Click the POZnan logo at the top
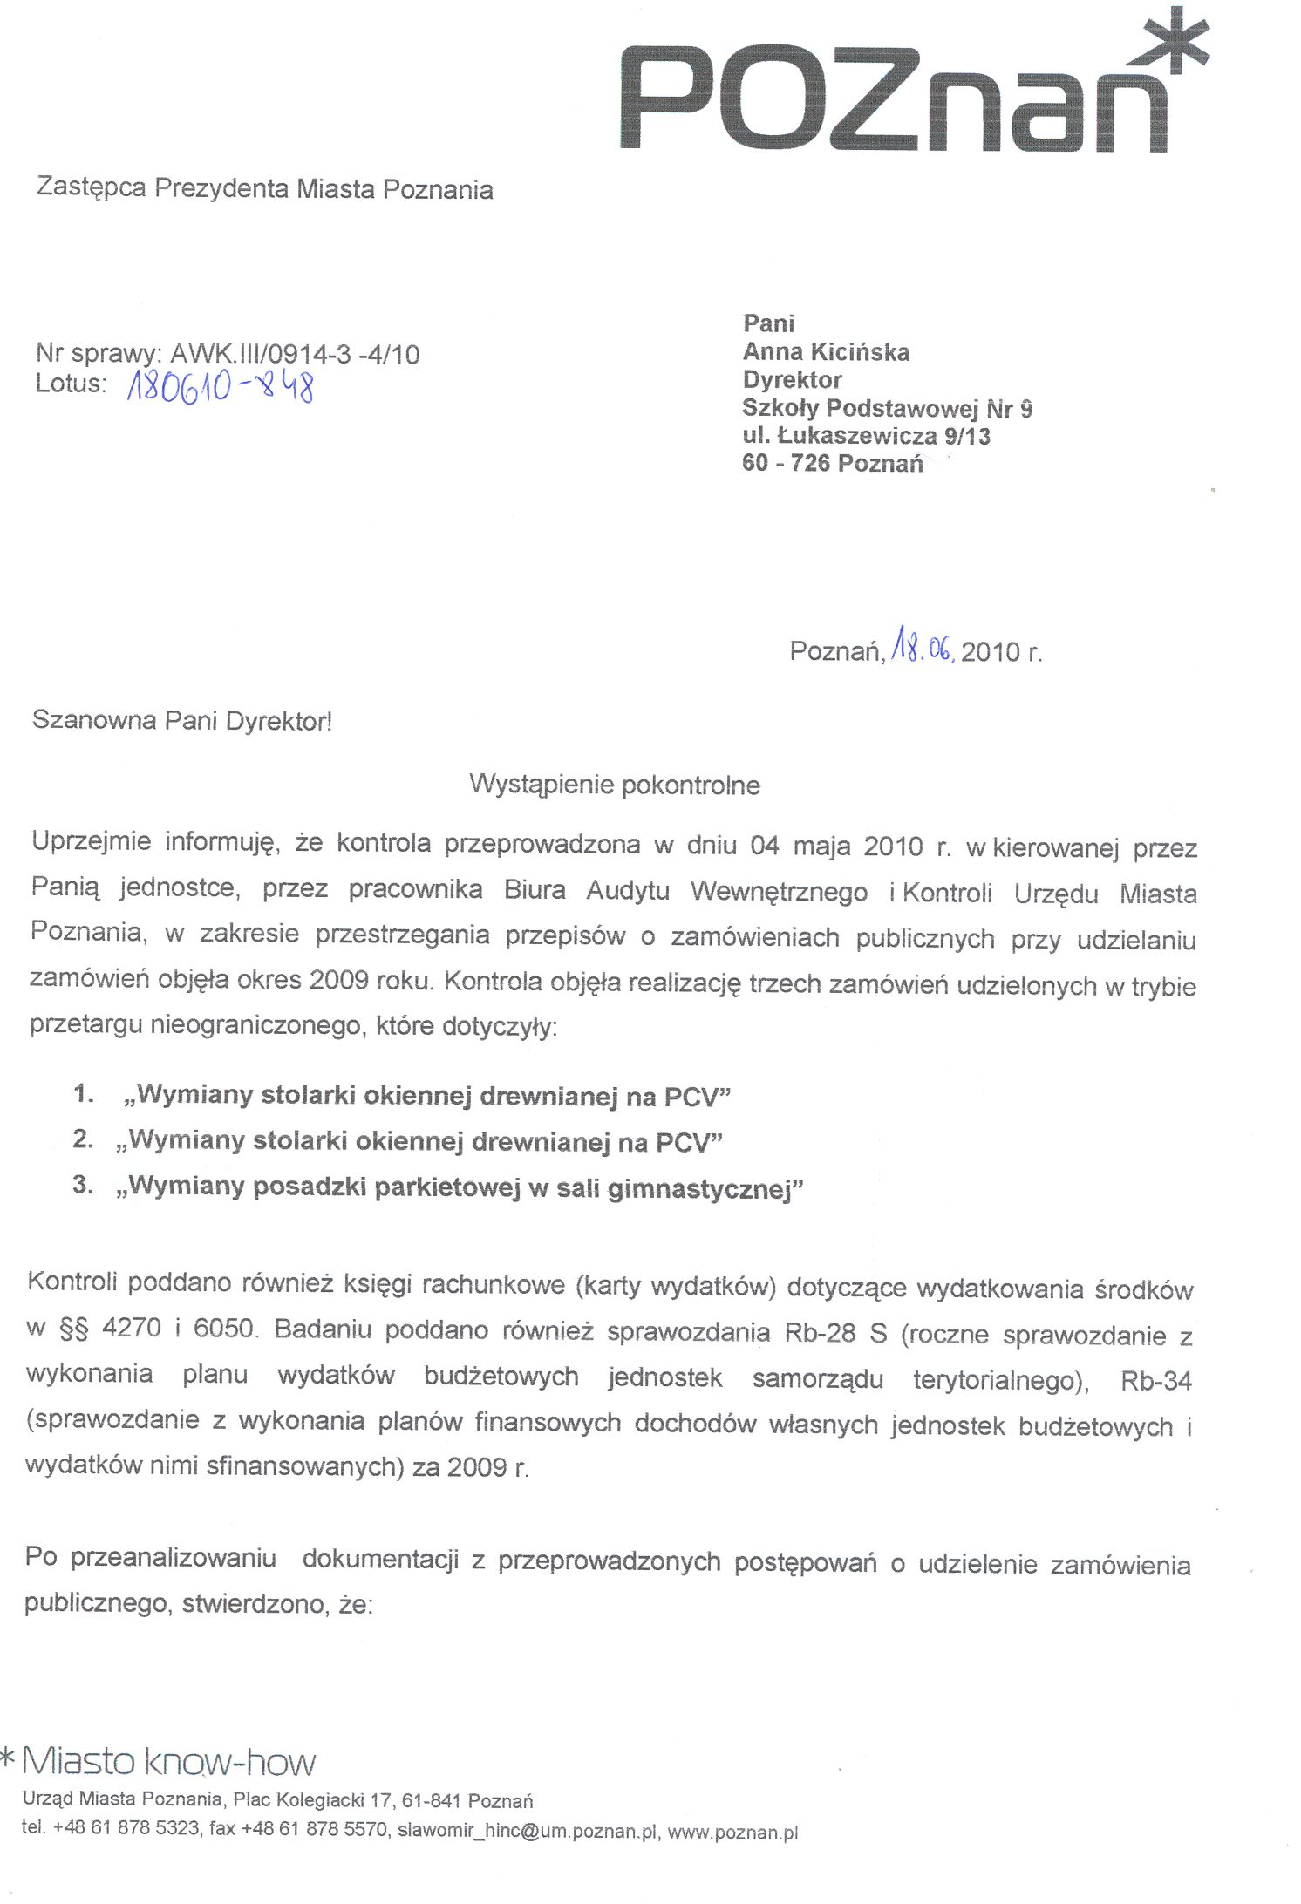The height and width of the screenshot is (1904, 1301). pyautogui.click(x=894, y=100)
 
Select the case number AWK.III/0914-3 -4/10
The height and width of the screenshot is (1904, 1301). pyautogui.click(x=295, y=354)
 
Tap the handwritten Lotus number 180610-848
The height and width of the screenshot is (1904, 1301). pyautogui.click(x=220, y=386)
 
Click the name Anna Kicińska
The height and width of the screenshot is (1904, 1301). pyautogui.click(x=826, y=352)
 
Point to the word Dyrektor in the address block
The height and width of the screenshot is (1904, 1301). pyautogui.click(x=792, y=380)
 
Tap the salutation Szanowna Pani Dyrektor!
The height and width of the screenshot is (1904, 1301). pyautogui.click(x=182, y=721)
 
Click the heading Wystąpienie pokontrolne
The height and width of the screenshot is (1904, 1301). pyautogui.click(x=615, y=785)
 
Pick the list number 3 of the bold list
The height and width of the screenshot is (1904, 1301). pyautogui.click(x=82, y=1185)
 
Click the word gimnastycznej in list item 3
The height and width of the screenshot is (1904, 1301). pyautogui.click(x=705, y=1189)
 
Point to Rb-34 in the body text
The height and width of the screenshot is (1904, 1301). pyautogui.click(x=1155, y=1381)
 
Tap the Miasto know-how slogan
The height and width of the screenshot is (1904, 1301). pyautogui.click(x=168, y=1762)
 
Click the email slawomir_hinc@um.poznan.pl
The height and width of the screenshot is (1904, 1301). pyautogui.click(x=527, y=1830)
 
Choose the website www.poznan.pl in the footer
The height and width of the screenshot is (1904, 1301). pyautogui.click(x=732, y=1832)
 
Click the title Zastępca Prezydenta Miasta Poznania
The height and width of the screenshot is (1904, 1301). pyautogui.click(x=264, y=188)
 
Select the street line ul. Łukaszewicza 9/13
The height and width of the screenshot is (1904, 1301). pyautogui.click(x=866, y=436)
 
